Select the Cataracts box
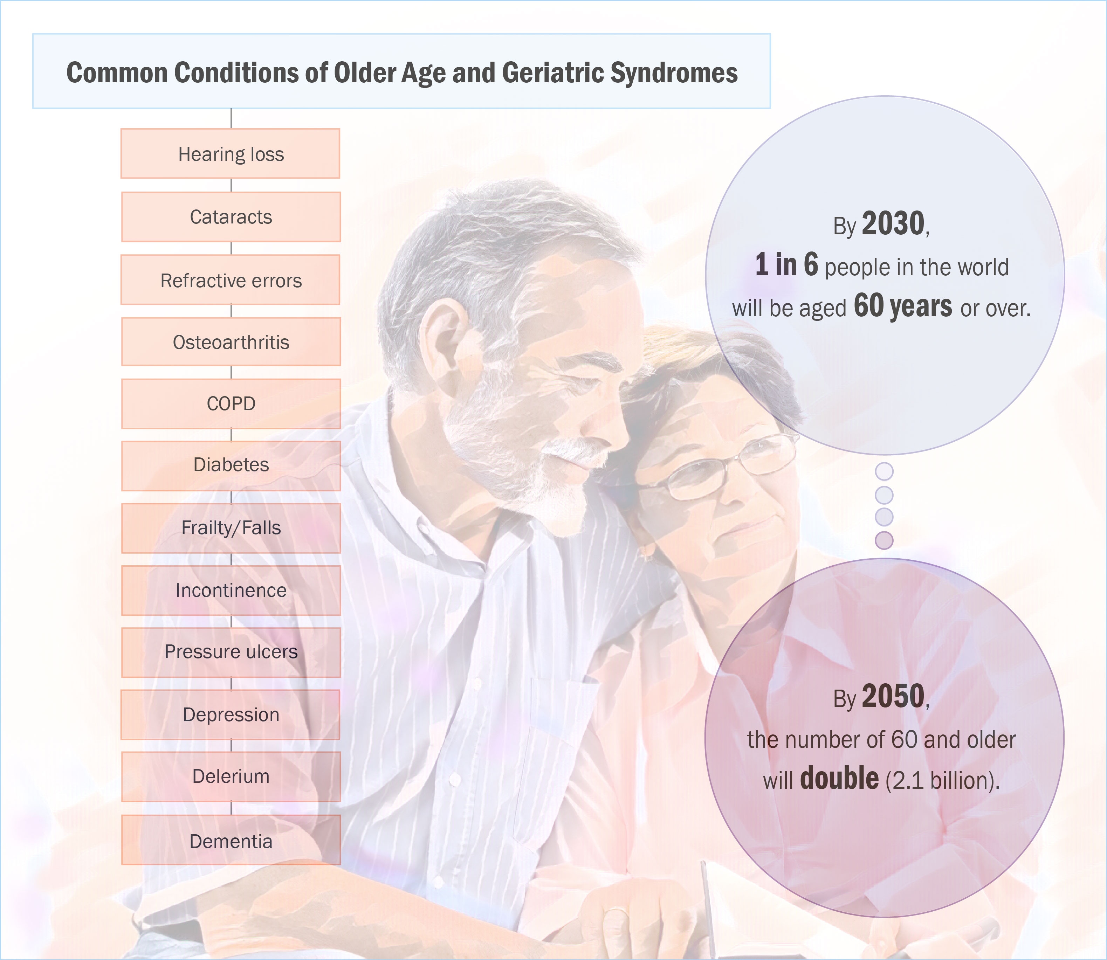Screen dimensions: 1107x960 click(231, 216)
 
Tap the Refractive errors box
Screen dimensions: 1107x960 click(231, 279)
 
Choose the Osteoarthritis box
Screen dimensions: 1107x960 click(231, 342)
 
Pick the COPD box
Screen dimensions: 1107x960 click(231, 403)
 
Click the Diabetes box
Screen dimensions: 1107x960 click(231, 465)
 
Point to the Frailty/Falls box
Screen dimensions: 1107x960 click(231, 528)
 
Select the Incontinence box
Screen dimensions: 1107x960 click(231, 590)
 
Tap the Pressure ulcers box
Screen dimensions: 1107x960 click(231, 652)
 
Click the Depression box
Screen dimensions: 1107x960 click(231, 714)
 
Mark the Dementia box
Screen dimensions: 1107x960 click(231, 840)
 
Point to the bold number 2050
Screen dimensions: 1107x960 click(893, 696)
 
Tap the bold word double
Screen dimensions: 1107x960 click(839, 778)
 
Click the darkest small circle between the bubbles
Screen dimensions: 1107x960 click(884, 540)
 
